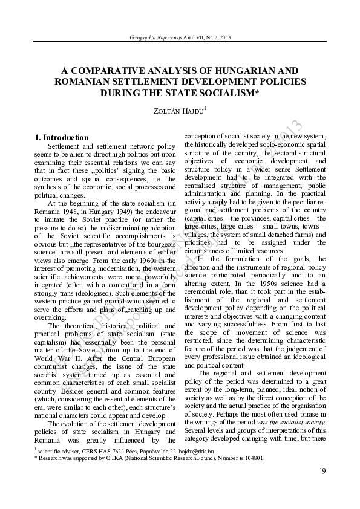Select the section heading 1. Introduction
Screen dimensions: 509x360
pos(62,137)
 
